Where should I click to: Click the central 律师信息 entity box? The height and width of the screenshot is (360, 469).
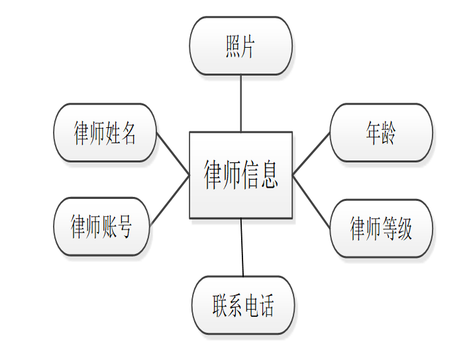pos(240,174)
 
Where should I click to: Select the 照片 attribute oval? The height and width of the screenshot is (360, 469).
pos(240,46)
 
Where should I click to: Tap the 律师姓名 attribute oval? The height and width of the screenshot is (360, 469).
pos(105,133)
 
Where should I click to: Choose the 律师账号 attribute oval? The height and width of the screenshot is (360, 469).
pos(101,227)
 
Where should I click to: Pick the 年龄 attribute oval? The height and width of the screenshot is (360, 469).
pos(381,133)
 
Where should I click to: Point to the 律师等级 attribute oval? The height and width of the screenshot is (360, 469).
pos(381,229)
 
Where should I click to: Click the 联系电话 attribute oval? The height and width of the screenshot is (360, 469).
pos(243,306)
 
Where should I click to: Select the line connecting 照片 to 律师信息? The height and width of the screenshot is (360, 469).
pos(240,103)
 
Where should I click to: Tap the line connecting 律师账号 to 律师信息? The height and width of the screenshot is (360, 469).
pos(170,200)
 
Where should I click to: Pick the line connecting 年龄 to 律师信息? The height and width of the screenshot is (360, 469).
pos(311,153)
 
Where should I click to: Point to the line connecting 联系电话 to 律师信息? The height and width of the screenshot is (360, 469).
pos(242,247)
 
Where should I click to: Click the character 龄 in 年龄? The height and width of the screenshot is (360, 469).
pos(389,133)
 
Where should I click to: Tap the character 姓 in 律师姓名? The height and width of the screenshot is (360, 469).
pos(113,133)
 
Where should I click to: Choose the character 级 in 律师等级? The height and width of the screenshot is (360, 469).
pos(404,229)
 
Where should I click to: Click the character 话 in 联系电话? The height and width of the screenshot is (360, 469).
pos(266,306)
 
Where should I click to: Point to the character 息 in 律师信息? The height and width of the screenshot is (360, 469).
pos(268,174)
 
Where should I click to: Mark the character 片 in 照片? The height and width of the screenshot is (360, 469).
pos(248,46)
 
